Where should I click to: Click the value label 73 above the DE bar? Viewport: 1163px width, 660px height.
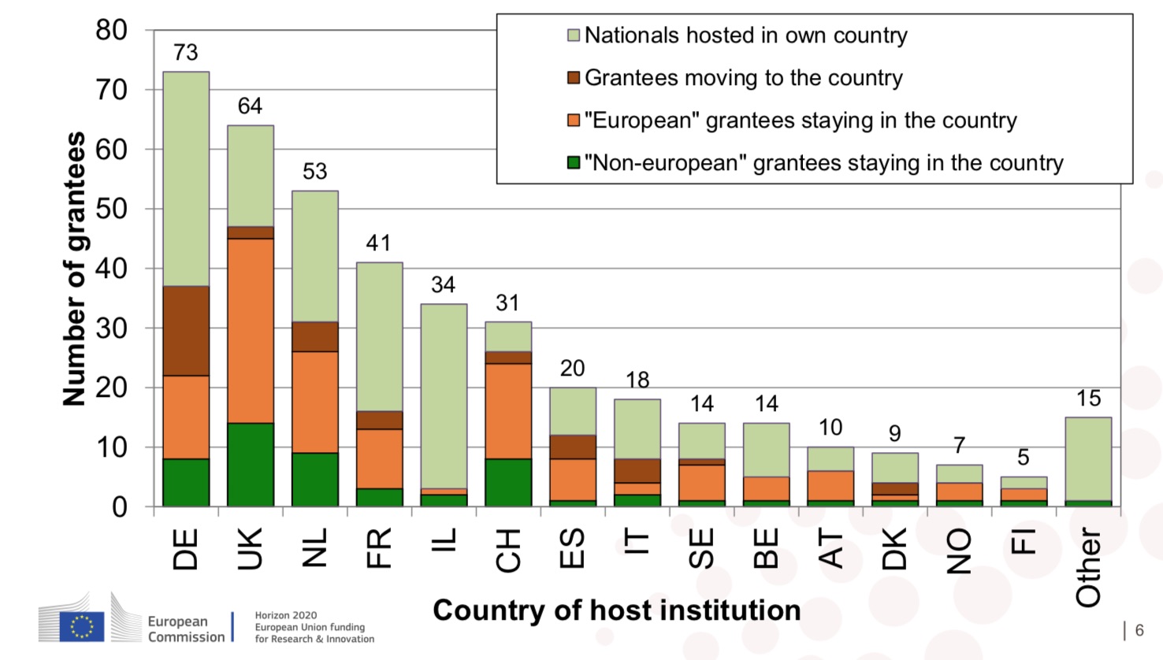pos(186,53)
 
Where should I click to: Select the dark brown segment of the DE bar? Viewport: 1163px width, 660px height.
pos(186,331)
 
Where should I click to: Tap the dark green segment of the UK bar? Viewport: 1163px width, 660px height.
pos(251,465)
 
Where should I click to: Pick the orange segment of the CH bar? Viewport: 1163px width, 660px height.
pos(508,411)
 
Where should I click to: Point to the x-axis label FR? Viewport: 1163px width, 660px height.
pos(379,548)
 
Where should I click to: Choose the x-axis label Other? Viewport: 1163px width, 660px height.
pos(1088,567)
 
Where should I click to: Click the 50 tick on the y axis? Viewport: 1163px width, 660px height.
pos(112,209)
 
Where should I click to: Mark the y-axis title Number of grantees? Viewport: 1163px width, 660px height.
pos(74,269)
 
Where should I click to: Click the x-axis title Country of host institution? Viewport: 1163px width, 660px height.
pos(616,610)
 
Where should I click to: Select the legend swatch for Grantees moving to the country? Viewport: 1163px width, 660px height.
pos(574,77)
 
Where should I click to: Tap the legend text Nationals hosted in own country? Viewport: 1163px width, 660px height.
pos(745,35)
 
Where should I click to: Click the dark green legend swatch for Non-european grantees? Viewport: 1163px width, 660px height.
pos(574,162)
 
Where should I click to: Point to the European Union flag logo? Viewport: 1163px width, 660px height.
pos(81,627)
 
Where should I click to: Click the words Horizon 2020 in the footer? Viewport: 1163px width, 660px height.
pos(286,615)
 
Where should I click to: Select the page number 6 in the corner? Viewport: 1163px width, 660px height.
pos(1139,630)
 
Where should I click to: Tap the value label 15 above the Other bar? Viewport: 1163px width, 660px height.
pos(1088,399)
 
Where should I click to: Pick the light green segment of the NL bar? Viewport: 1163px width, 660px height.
pos(315,256)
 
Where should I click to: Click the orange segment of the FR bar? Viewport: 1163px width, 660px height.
pos(380,458)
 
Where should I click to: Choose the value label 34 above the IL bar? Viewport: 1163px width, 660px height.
pos(443,285)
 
